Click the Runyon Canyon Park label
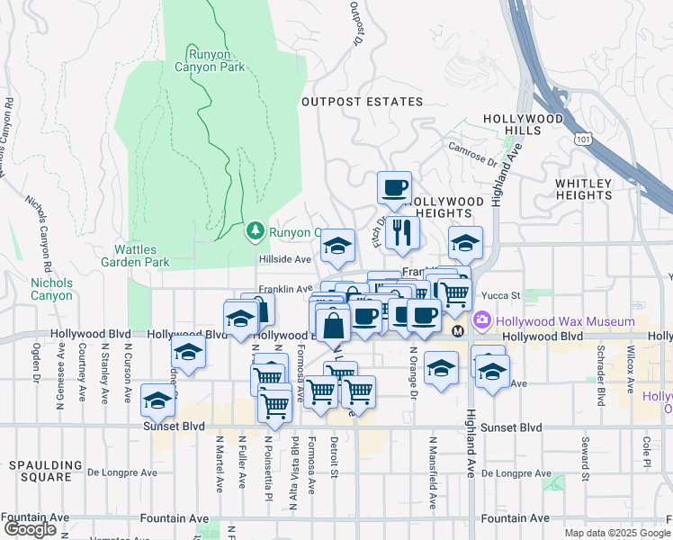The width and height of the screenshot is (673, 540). (215, 58)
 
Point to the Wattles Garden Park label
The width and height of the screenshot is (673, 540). (141, 256)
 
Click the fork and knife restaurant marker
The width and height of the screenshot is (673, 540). (402, 233)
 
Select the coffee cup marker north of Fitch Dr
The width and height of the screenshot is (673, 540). (394, 188)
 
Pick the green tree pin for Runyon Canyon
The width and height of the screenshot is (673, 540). (255, 232)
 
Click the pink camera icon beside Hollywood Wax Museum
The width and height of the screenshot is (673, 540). (482, 320)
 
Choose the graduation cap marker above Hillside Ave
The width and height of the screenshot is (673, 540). (337, 246)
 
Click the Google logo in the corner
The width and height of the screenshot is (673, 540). (30, 529)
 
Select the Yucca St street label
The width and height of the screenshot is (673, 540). (504, 295)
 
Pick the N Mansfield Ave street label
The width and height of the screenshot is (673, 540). (433, 472)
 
